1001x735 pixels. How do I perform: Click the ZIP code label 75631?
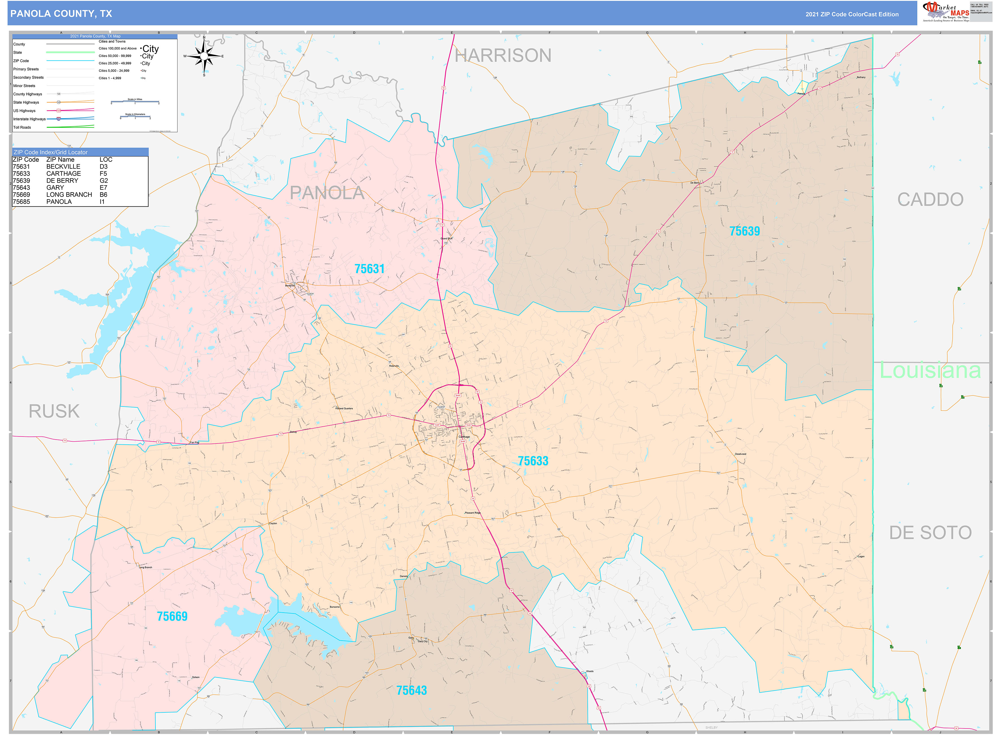click(369, 269)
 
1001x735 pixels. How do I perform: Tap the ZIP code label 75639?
click(744, 231)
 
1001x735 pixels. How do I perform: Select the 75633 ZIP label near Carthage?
click(533, 461)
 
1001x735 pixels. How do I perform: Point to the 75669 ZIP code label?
click(172, 616)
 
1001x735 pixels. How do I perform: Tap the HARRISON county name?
click(503, 56)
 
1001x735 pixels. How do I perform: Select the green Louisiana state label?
click(930, 371)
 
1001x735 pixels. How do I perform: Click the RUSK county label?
click(54, 411)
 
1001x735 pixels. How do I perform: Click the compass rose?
click(204, 56)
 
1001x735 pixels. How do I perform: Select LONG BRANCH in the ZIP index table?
click(69, 195)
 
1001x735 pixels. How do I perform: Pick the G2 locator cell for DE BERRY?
click(104, 181)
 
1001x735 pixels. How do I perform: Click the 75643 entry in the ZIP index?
click(21, 188)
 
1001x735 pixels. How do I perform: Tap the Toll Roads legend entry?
click(22, 127)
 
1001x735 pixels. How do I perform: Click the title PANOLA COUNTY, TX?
click(61, 14)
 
